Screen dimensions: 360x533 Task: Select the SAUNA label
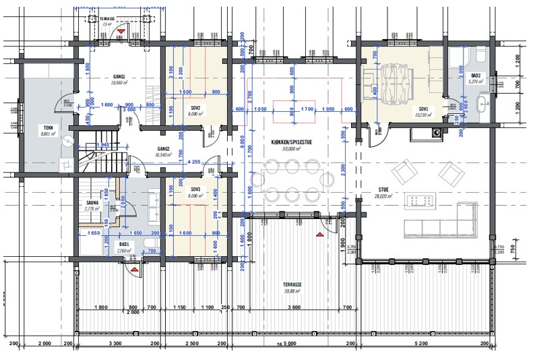pyautogui.click(x=92, y=202)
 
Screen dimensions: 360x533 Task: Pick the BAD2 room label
pyautogui.click(x=475, y=76)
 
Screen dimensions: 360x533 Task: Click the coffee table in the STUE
pyautogui.click(x=425, y=200)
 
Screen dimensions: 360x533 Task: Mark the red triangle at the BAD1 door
pyautogui.click(x=135, y=269)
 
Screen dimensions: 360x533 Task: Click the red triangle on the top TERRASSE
pyautogui.click(x=121, y=32)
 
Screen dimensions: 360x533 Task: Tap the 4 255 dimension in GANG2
pyautogui.click(x=194, y=162)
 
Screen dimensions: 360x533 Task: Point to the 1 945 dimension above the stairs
pyautogui.click(x=103, y=146)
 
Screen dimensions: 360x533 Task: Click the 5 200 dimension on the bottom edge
pyautogui.click(x=421, y=344)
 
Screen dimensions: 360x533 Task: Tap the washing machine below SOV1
pyautogui.click(x=437, y=133)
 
